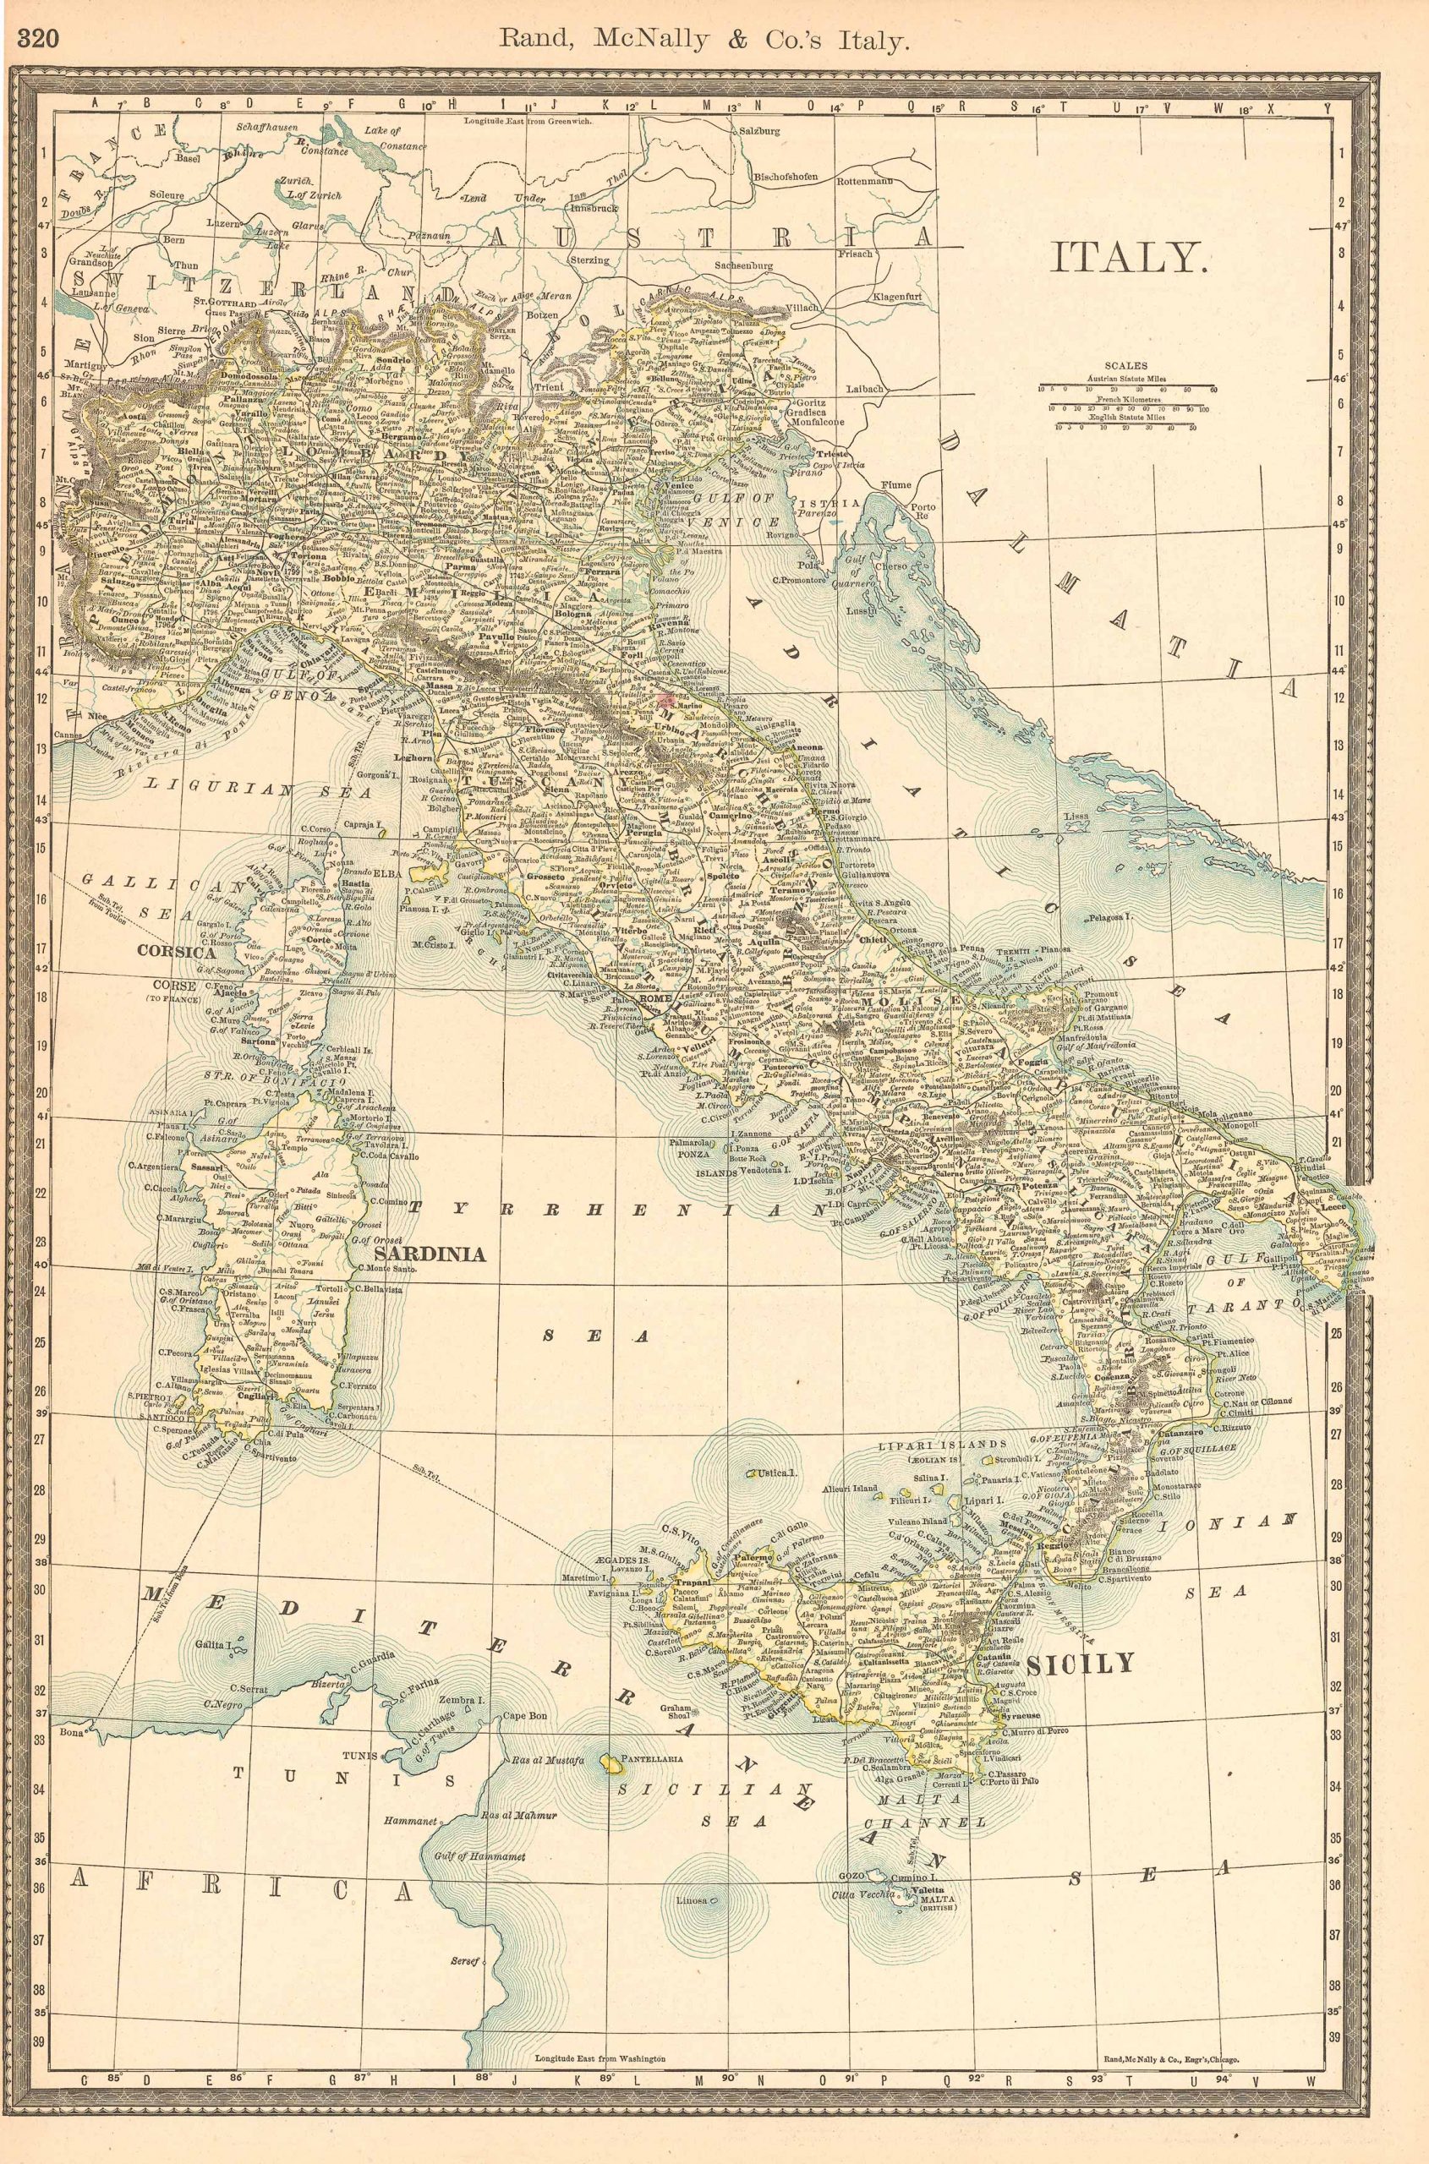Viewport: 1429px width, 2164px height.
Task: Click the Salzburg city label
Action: tap(758, 130)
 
